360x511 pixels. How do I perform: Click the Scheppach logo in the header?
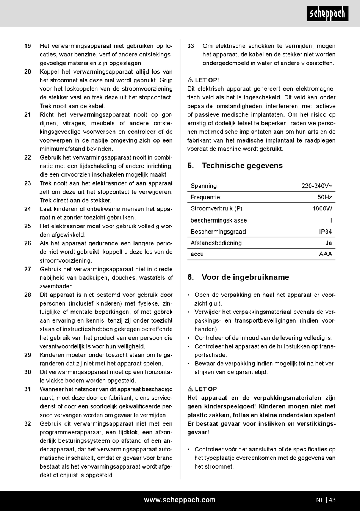tap(327, 14)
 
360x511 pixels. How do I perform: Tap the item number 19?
tap(28, 46)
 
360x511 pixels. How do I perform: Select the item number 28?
tap(28, 295)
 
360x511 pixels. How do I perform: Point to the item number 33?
tap(191, 46)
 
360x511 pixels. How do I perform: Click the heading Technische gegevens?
tap(242, 166)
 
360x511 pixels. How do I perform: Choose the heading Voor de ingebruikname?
tap(245, 277)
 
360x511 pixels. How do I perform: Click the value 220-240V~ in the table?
tap(316, 186)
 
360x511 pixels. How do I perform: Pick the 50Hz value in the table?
tap(324, 197)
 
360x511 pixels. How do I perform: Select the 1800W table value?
tap(322, 208)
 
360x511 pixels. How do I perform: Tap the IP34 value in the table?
tap(325, 232)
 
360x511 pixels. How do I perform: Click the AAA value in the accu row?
tap(326, 254)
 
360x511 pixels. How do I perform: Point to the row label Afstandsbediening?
tap(216, 243)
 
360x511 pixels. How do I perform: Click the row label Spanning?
tap(203, 186)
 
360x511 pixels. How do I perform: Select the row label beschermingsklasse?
tap(219, 220)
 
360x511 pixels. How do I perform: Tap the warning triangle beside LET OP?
tap(190, 80)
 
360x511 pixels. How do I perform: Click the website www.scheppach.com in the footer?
tap(180, 500)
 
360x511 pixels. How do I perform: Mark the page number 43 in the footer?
tap(332, 500)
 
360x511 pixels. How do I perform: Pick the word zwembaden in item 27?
tap(57, 287)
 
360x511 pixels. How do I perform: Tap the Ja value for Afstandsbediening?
tap(329, 243)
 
